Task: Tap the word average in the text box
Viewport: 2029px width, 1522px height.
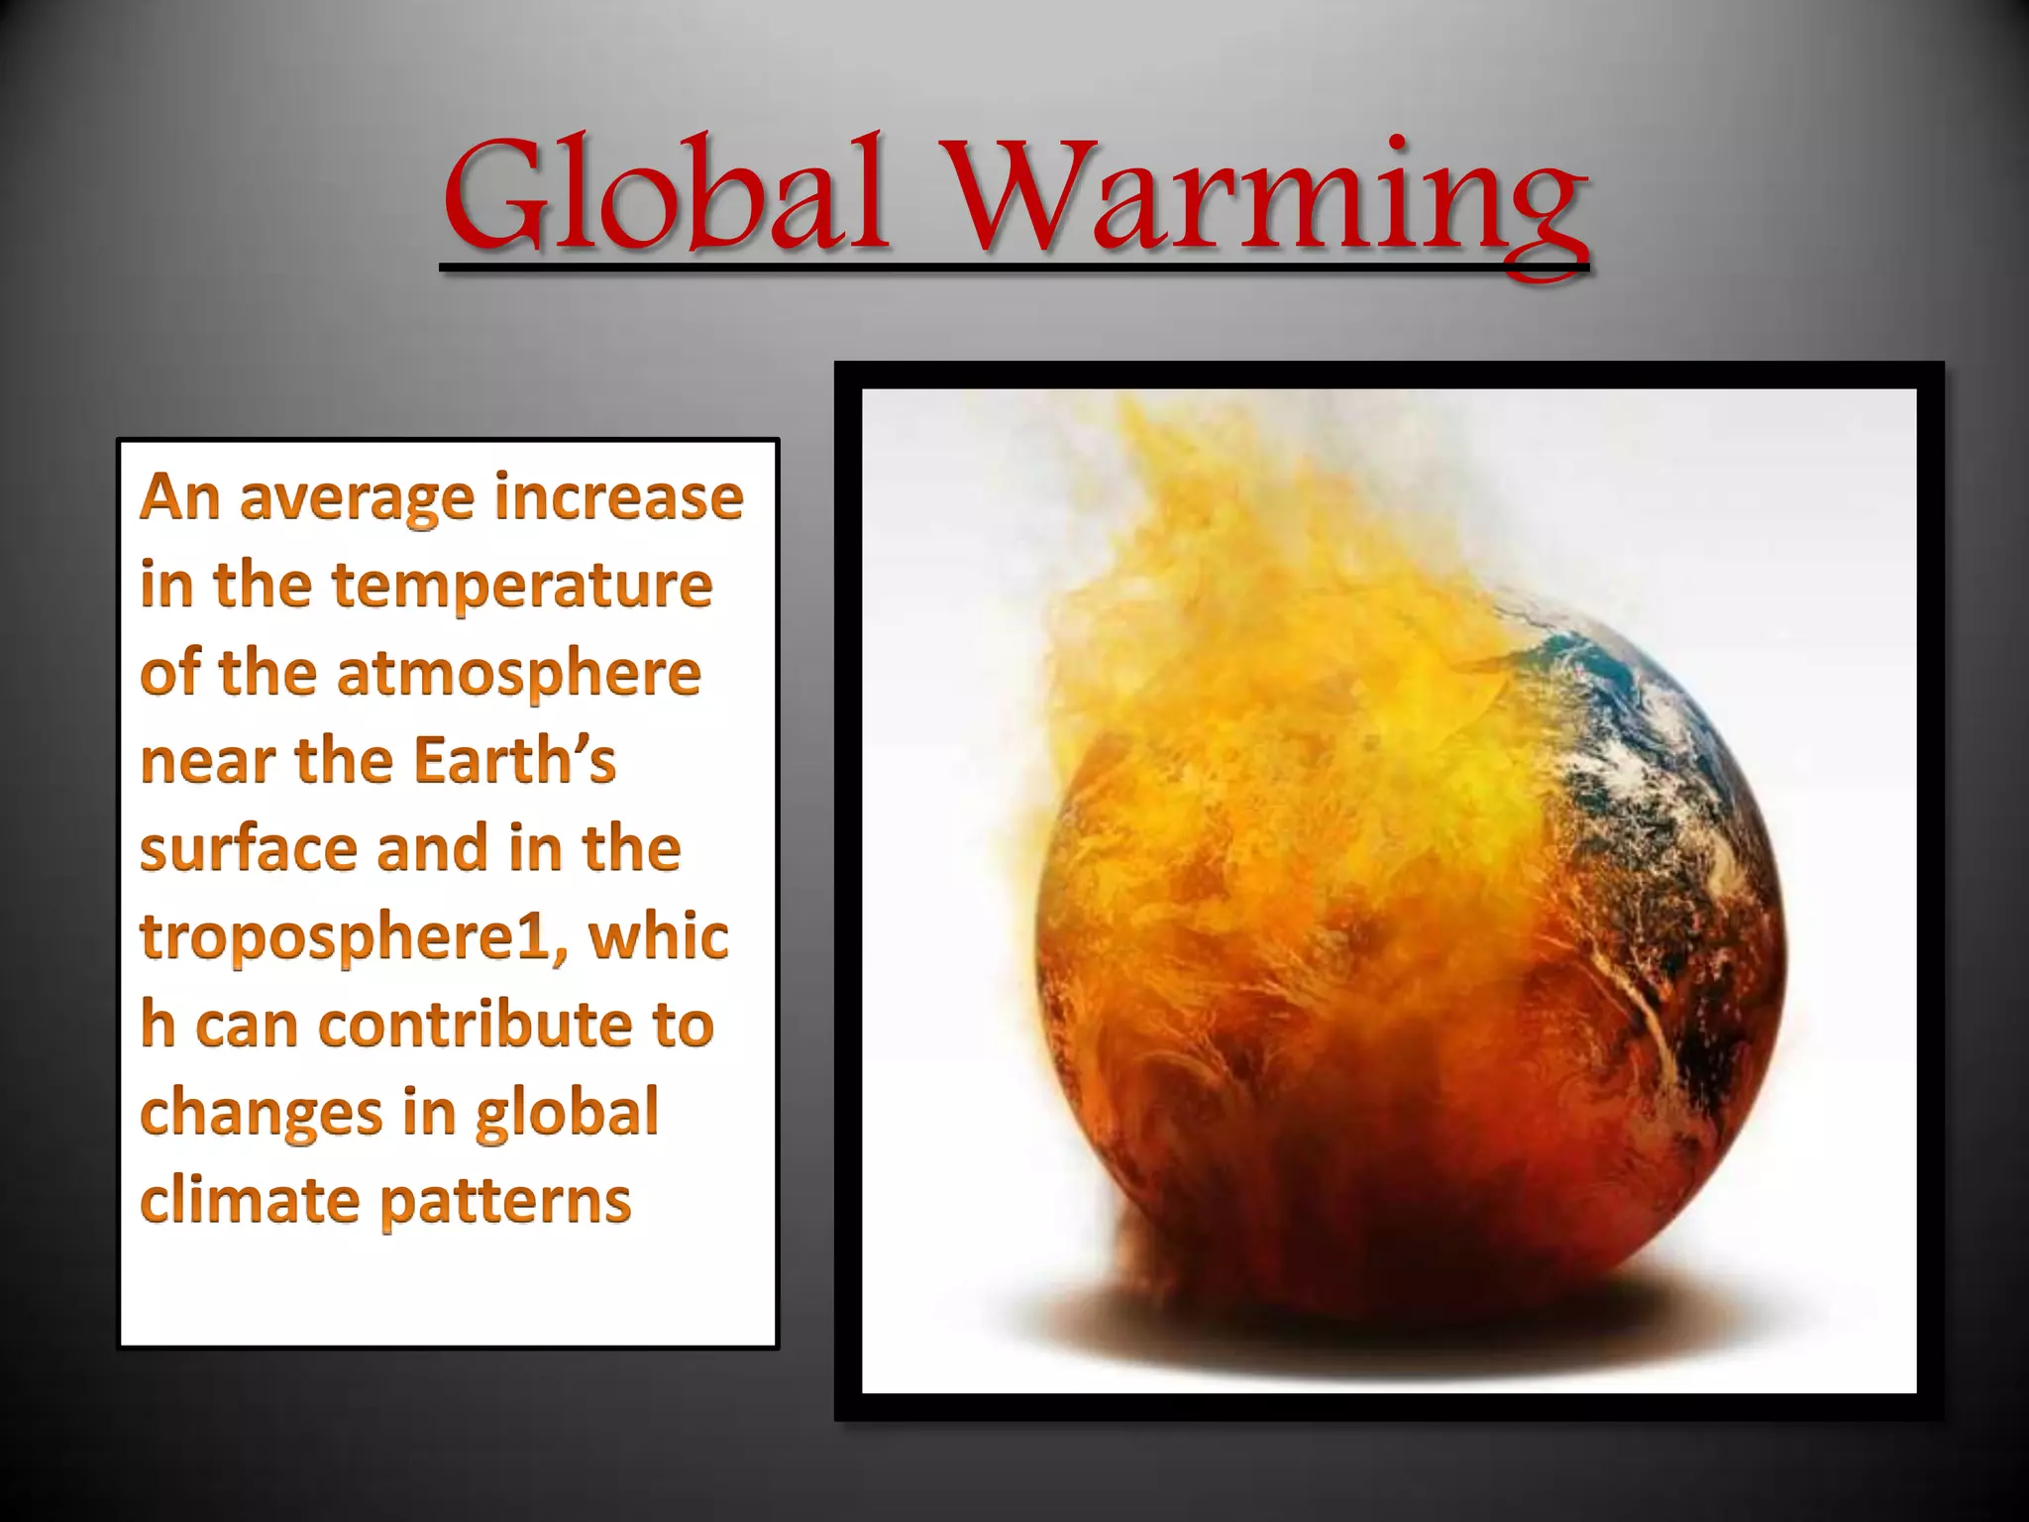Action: pos(357,498)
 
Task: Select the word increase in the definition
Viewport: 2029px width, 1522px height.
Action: pos(618,496)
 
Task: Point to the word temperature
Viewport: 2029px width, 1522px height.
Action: pos(521,587)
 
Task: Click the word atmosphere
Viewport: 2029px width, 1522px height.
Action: pos(518,674)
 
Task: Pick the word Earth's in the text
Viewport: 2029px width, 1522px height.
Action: pos(514,761)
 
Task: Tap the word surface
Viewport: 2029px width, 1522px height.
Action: pos(248,850)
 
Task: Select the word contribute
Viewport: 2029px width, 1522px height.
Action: pos(474,1025)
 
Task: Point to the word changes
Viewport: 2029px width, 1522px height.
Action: pos(261,1114)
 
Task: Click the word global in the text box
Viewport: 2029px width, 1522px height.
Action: pos(567,1114)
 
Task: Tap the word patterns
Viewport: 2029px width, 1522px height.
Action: pos(505,1202)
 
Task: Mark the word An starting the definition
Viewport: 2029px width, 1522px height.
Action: pos(179,496)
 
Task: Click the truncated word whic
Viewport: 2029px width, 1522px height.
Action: pos(659,937)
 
